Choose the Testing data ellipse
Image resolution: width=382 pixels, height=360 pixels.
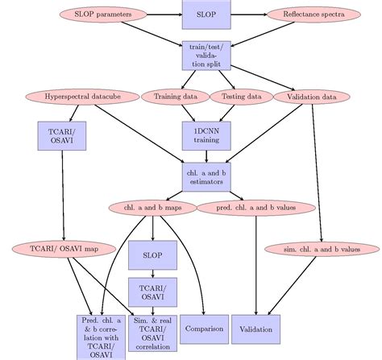[237, 97]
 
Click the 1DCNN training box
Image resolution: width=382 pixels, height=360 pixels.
[206, 134]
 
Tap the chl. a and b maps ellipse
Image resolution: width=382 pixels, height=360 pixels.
[153, 209]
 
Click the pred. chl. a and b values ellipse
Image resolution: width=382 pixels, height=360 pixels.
[249, 209]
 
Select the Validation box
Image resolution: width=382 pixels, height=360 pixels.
[256, 329]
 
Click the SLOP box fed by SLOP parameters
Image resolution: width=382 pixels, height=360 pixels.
[206, 14]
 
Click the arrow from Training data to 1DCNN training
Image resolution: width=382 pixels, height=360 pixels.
[187, 111]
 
